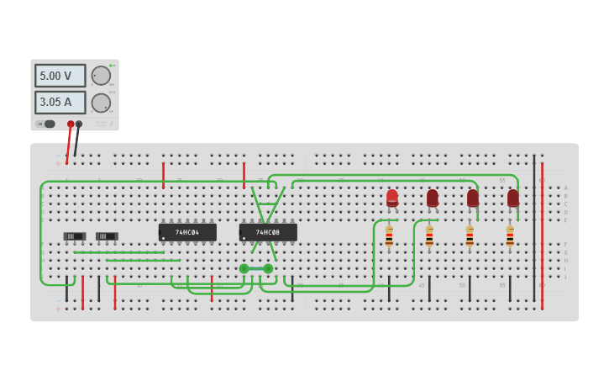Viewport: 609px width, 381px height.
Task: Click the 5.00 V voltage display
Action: tap(60, 76)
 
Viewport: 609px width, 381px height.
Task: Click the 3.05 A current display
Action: tap(60, 103)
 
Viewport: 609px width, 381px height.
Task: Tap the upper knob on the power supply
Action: tap(101, 76)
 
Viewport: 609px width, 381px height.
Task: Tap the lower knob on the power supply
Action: tap(101, 103)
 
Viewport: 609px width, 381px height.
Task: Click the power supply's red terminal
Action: tap(71, 124)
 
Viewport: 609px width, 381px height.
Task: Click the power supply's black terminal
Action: tap(79, 124)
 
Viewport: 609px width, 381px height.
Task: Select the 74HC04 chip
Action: tap(187, 232)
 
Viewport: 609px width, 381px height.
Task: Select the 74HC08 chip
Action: tap(268, 232)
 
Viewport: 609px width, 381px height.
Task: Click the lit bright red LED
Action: tap(392, 198)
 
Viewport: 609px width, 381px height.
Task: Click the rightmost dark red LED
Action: tap(513, 198)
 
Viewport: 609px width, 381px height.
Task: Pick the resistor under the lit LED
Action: tap(389, 235)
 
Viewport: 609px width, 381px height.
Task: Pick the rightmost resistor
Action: tap(510, 235)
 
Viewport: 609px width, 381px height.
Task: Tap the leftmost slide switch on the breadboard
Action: tap(74, 236)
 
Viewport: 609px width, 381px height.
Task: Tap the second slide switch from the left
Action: tap(107, 236)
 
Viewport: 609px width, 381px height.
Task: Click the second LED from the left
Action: tap(433, 198)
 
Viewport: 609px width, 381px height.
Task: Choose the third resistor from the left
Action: tap(470, 235)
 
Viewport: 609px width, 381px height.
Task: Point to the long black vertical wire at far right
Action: tap(533, 227)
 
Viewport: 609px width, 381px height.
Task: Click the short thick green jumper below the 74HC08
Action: tap(256, 269)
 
